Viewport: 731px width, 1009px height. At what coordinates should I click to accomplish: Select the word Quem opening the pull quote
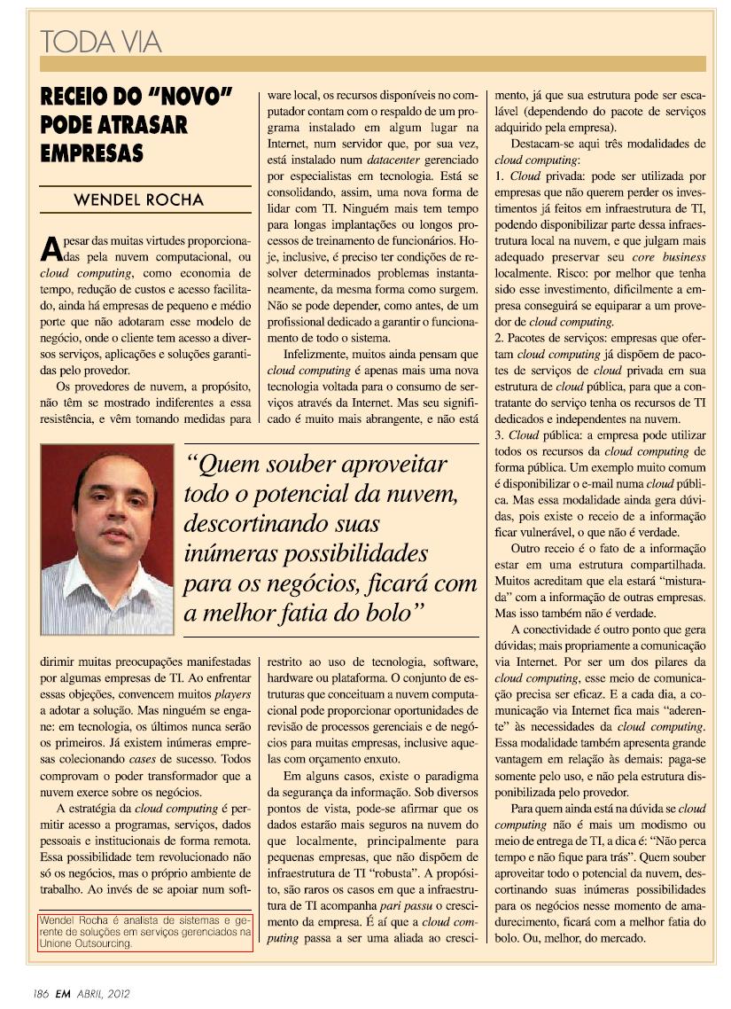(x=229, y=464)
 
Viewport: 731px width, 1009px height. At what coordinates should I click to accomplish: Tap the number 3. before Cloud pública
(x=501, y=435)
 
